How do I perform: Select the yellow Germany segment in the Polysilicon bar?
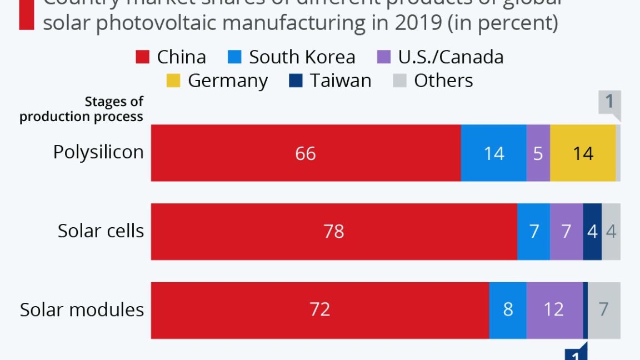(583, 153)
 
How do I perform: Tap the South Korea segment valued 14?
(493, 153)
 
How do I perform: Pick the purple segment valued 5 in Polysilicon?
(538, 153)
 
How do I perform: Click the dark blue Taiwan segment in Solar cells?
(592, 231)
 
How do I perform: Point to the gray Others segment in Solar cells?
(611, 231)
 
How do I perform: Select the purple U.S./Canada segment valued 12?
(554, 309)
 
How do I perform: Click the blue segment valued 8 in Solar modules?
(508, 309)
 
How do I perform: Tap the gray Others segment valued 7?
(604, 309)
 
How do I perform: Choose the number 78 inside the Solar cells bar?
(334, 231)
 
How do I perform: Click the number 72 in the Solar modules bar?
(320, 309)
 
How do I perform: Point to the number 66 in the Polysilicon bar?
(306, 153)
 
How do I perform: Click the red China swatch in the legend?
(143, 57)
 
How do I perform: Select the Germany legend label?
(228, 81)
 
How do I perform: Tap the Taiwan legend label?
(341, 81)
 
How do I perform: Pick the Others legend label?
(443, 81)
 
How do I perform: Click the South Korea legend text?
(302, 57)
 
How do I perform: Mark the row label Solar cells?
(101, 231)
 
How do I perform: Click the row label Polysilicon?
(98, 152)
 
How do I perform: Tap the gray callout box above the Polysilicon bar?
(609, 103)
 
